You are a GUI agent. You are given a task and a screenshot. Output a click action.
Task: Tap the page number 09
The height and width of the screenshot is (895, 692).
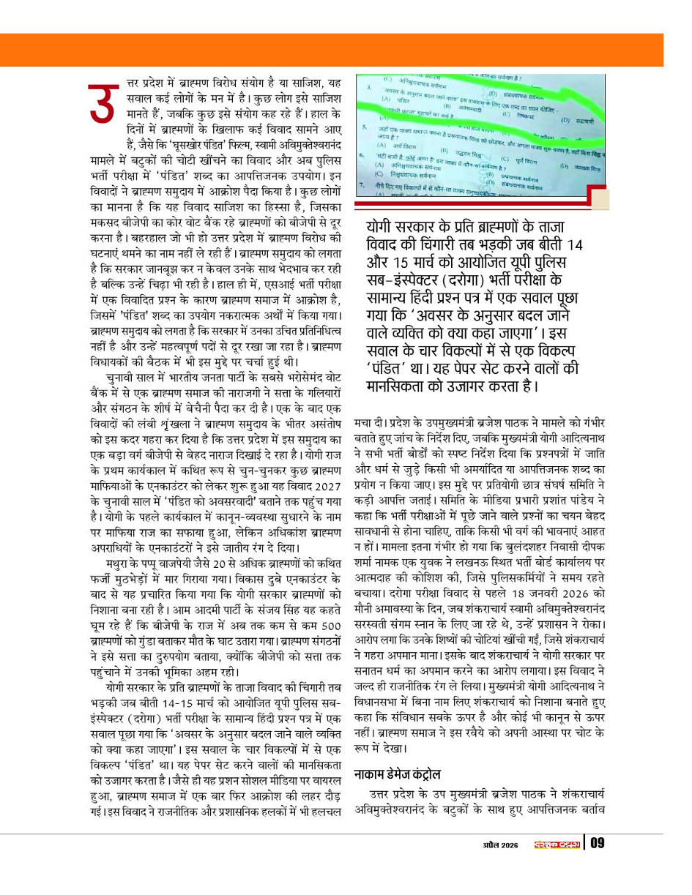point(598,844)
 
